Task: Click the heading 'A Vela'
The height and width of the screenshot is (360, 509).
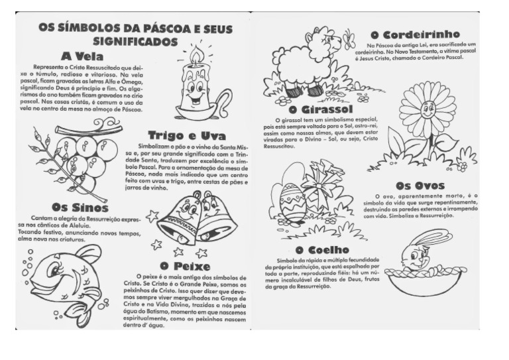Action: click(x=82, y=56)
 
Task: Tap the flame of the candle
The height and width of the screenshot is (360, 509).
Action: click(x=197, y=56)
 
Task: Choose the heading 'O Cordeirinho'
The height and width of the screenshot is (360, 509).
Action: click(x=415, y=34)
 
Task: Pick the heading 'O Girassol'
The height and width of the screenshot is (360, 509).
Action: click(x=321, y=109)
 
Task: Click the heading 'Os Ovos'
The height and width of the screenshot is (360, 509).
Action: click(x=420, y=186)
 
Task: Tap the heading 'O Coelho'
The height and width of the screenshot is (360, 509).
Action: click(x=322, y=249)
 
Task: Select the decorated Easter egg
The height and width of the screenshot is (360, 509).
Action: click(x=292, y=202)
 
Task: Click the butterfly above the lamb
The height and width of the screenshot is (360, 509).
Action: click(x=349, y=41)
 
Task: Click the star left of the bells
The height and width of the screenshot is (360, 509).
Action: click(x=152, y=215)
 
